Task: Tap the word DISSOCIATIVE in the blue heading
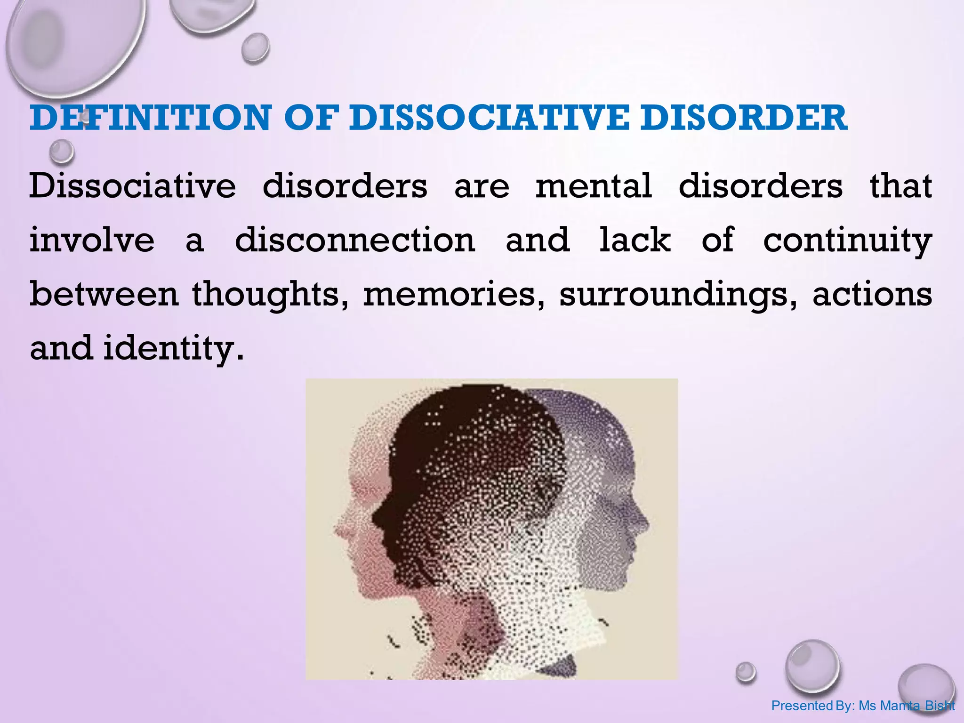(489, 118)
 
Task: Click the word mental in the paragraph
(594, 185)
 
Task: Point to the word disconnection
(355, 240)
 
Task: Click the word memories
(450, 295)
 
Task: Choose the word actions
(872, 295)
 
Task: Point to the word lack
(635, 240)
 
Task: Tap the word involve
(92, 240)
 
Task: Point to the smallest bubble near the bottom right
(746, 672)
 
